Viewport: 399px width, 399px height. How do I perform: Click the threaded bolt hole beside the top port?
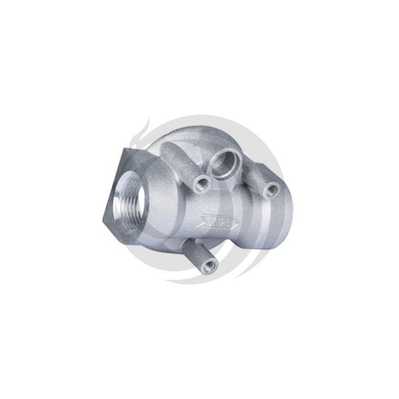coord(200,183)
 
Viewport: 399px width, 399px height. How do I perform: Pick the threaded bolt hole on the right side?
coord(272,189)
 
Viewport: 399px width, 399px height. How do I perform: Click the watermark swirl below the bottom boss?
coord(194,279)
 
